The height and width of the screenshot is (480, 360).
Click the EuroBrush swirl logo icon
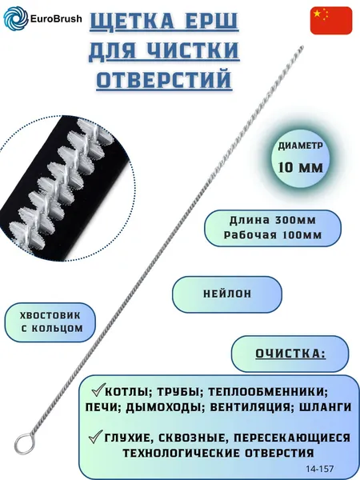[16, 18]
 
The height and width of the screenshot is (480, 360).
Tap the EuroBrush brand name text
[56, 18]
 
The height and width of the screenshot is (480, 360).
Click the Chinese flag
[331, 21]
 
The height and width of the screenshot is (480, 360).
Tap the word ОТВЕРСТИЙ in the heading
[164, 79]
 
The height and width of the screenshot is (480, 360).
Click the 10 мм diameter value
[301, 167]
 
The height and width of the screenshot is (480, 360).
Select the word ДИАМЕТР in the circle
[300, 146]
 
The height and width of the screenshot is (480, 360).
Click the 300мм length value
[296, 220]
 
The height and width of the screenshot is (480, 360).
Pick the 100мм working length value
[301, 235]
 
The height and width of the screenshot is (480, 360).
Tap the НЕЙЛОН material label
[227, 294]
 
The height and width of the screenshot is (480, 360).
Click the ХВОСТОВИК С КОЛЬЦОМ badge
[50, 322]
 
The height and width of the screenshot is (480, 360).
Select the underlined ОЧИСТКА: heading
[290, 354]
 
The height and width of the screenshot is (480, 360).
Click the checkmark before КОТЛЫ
[98, 390]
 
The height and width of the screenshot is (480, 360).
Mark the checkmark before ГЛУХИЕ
[95, 436]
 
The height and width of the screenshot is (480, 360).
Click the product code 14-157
[319, 469]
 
